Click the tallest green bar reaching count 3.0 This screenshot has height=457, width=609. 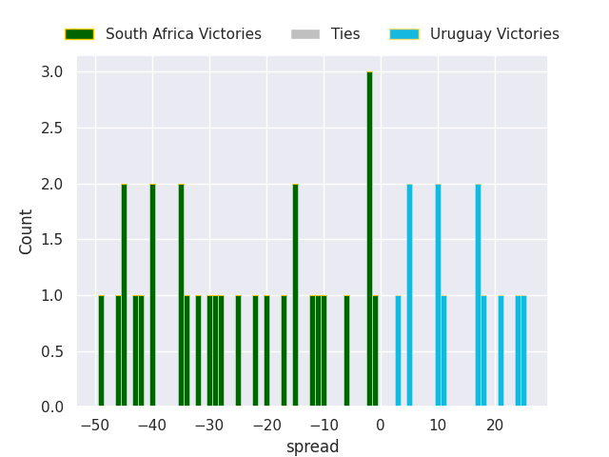tap(369, 238)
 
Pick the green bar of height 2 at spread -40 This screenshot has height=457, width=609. tap(152, 295)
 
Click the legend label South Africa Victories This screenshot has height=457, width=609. tap(183, 34)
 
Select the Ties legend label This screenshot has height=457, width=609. tap(345, 34)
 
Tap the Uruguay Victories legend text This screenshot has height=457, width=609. tap(494, 34)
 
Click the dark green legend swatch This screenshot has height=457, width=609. tap(79, 34)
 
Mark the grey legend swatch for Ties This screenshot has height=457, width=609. tap(305, 34)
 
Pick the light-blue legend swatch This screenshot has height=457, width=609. tap(404, 34)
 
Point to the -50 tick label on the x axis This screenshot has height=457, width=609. tap(95, 426)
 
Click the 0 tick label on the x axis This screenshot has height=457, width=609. tap(381, 426)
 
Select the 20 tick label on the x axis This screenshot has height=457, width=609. tap(495, 426)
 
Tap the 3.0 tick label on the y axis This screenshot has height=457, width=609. tap(52, 72)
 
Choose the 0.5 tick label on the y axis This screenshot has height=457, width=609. tap(52, 351)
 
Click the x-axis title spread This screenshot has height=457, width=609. tap(312, 447)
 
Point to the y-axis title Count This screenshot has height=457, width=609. tap(27, 231)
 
